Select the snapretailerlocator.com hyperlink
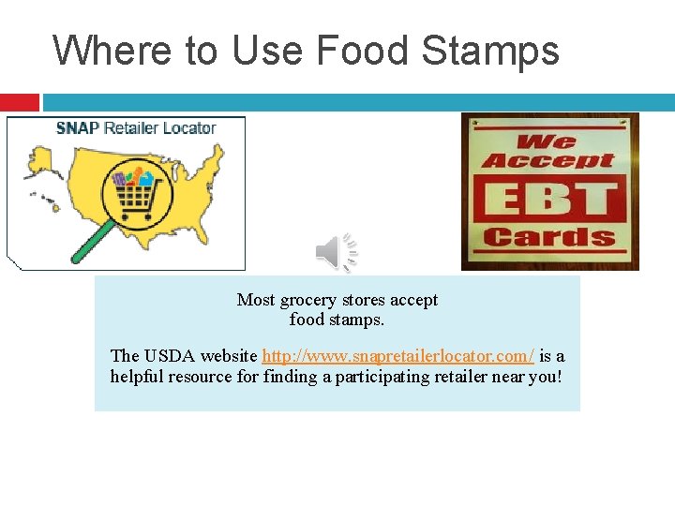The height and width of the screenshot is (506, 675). pyautogui.click(x=398, y=356)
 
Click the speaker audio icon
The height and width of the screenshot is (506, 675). pyautogui.click(x=337, y=253)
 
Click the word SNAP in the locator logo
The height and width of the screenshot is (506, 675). pyautogui.click(x=78, y=128)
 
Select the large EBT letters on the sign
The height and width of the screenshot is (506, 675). pyautogui.click(x=549, y=198)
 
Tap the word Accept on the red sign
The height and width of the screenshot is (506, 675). pyautogui.click(x=549, y=160)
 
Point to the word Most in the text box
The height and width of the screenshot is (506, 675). pyautogui.click(x=256, y=300)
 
